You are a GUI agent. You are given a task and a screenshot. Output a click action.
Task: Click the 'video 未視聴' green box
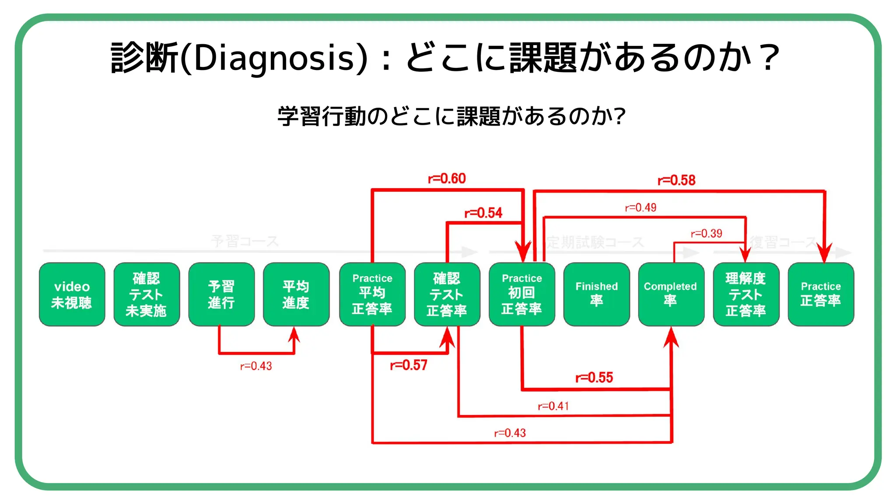[x=72, y=294]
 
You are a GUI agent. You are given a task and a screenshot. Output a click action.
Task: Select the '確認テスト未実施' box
[x=147, y=294]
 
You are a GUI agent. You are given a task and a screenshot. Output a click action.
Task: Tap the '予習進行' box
[x=221, y=294]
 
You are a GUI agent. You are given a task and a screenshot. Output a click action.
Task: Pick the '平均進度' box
[x=296, y=294]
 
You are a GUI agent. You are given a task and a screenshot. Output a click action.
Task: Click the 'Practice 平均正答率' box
[x=372, y=294]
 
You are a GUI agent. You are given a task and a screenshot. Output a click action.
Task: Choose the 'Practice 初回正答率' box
[x=521, y=294]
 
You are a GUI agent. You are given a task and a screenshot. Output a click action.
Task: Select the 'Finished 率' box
[x=596, y=294]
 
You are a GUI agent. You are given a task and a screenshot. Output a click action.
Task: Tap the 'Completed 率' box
[x=671, y=294]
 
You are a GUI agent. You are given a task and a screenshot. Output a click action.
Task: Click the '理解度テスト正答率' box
[x=745, y=294]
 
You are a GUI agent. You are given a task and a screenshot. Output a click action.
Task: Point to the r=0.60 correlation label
[x=447, y=178]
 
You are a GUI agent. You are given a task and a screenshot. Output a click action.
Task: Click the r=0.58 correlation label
[x=676, y=180]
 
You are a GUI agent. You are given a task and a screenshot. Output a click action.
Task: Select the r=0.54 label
[x=483, y=213]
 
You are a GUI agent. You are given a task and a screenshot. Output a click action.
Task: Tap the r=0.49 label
[x=640, y=207]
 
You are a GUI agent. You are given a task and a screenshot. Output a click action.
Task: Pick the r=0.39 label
[x=706, y=234]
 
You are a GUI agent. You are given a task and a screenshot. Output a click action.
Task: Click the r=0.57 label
[x=408, y=365]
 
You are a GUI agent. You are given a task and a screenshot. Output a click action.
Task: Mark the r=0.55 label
[x=594, y=378]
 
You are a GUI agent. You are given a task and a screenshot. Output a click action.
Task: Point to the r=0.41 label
[x=553, y=406]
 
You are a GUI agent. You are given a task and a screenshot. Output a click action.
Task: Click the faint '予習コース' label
[x=245, y=241]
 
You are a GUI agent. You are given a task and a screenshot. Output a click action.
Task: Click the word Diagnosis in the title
[x=274, y=58]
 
